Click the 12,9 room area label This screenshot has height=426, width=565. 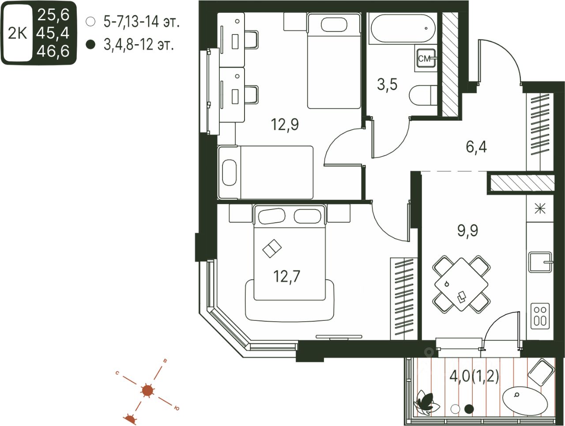point(285,125)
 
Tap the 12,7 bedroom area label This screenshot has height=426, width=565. point(286,277)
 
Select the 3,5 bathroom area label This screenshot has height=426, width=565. point(387,84)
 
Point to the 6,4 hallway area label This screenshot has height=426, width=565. point(476,146)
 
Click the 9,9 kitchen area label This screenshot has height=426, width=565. point(467,230)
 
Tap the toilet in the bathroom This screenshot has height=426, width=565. point(422,95)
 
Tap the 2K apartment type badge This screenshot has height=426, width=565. point(18,33)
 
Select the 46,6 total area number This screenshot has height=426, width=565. point(53,52)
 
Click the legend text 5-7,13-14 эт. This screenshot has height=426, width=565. point(141,21)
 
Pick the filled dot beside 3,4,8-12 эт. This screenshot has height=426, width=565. point(91,45)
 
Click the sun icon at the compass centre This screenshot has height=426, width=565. point(147,391)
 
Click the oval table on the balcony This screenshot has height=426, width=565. point(525,400)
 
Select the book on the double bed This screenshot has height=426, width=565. point(272,248)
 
